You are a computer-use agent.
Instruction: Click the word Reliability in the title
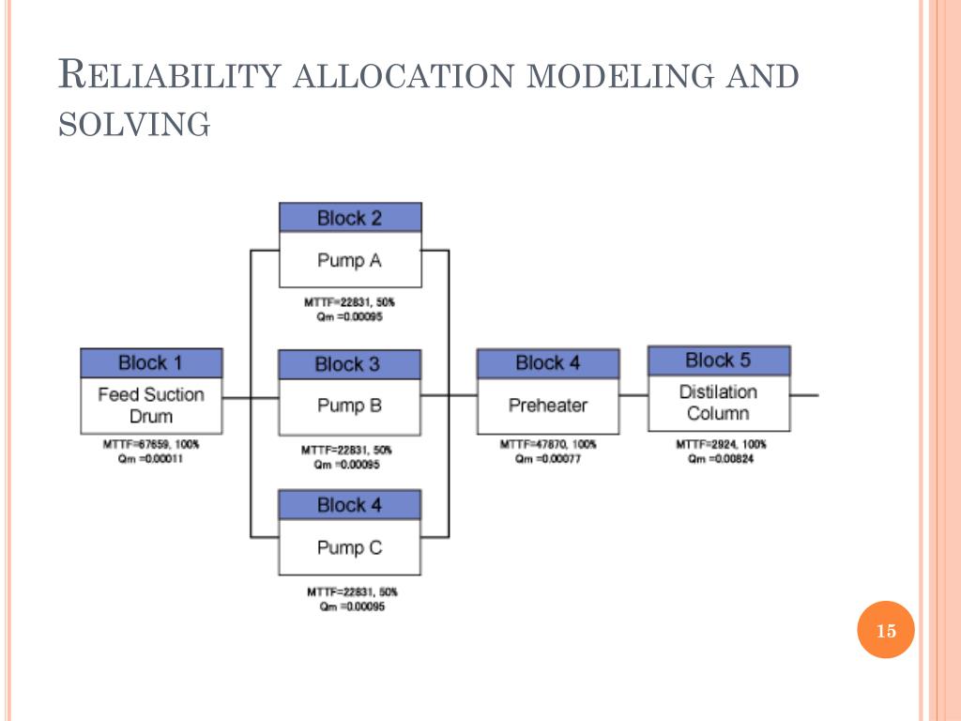(x=168, y=74)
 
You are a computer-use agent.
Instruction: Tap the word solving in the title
(x=133, y=123)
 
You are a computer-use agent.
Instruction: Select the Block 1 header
(x=151, y=362)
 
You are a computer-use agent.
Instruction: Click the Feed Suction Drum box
(x=151, y=405)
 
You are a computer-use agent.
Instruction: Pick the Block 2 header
(x=349, y=219)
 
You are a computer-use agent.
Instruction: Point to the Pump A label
(x=349, y=260)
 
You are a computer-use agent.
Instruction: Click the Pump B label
(x=349, y=407)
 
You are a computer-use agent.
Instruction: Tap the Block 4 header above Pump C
(x=349, y=505)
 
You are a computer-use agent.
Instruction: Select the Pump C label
(x=349, y=547)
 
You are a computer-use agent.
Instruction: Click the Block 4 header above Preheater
(x=547, y=363)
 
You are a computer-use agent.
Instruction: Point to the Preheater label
(x=547, y=406)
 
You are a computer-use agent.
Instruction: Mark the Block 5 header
(x=718, y=360)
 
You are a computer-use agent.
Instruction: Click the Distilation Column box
(x=718, y=402)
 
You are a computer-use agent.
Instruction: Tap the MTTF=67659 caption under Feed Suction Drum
(x=151, y=444)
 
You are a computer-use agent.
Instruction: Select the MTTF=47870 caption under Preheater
(x=547, y=444)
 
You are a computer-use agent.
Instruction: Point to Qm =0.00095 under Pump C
(x=352, y=606)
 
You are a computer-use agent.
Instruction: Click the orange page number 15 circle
(x=886, y=631)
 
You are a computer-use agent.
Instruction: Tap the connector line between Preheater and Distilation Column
(x=633, y=396)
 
